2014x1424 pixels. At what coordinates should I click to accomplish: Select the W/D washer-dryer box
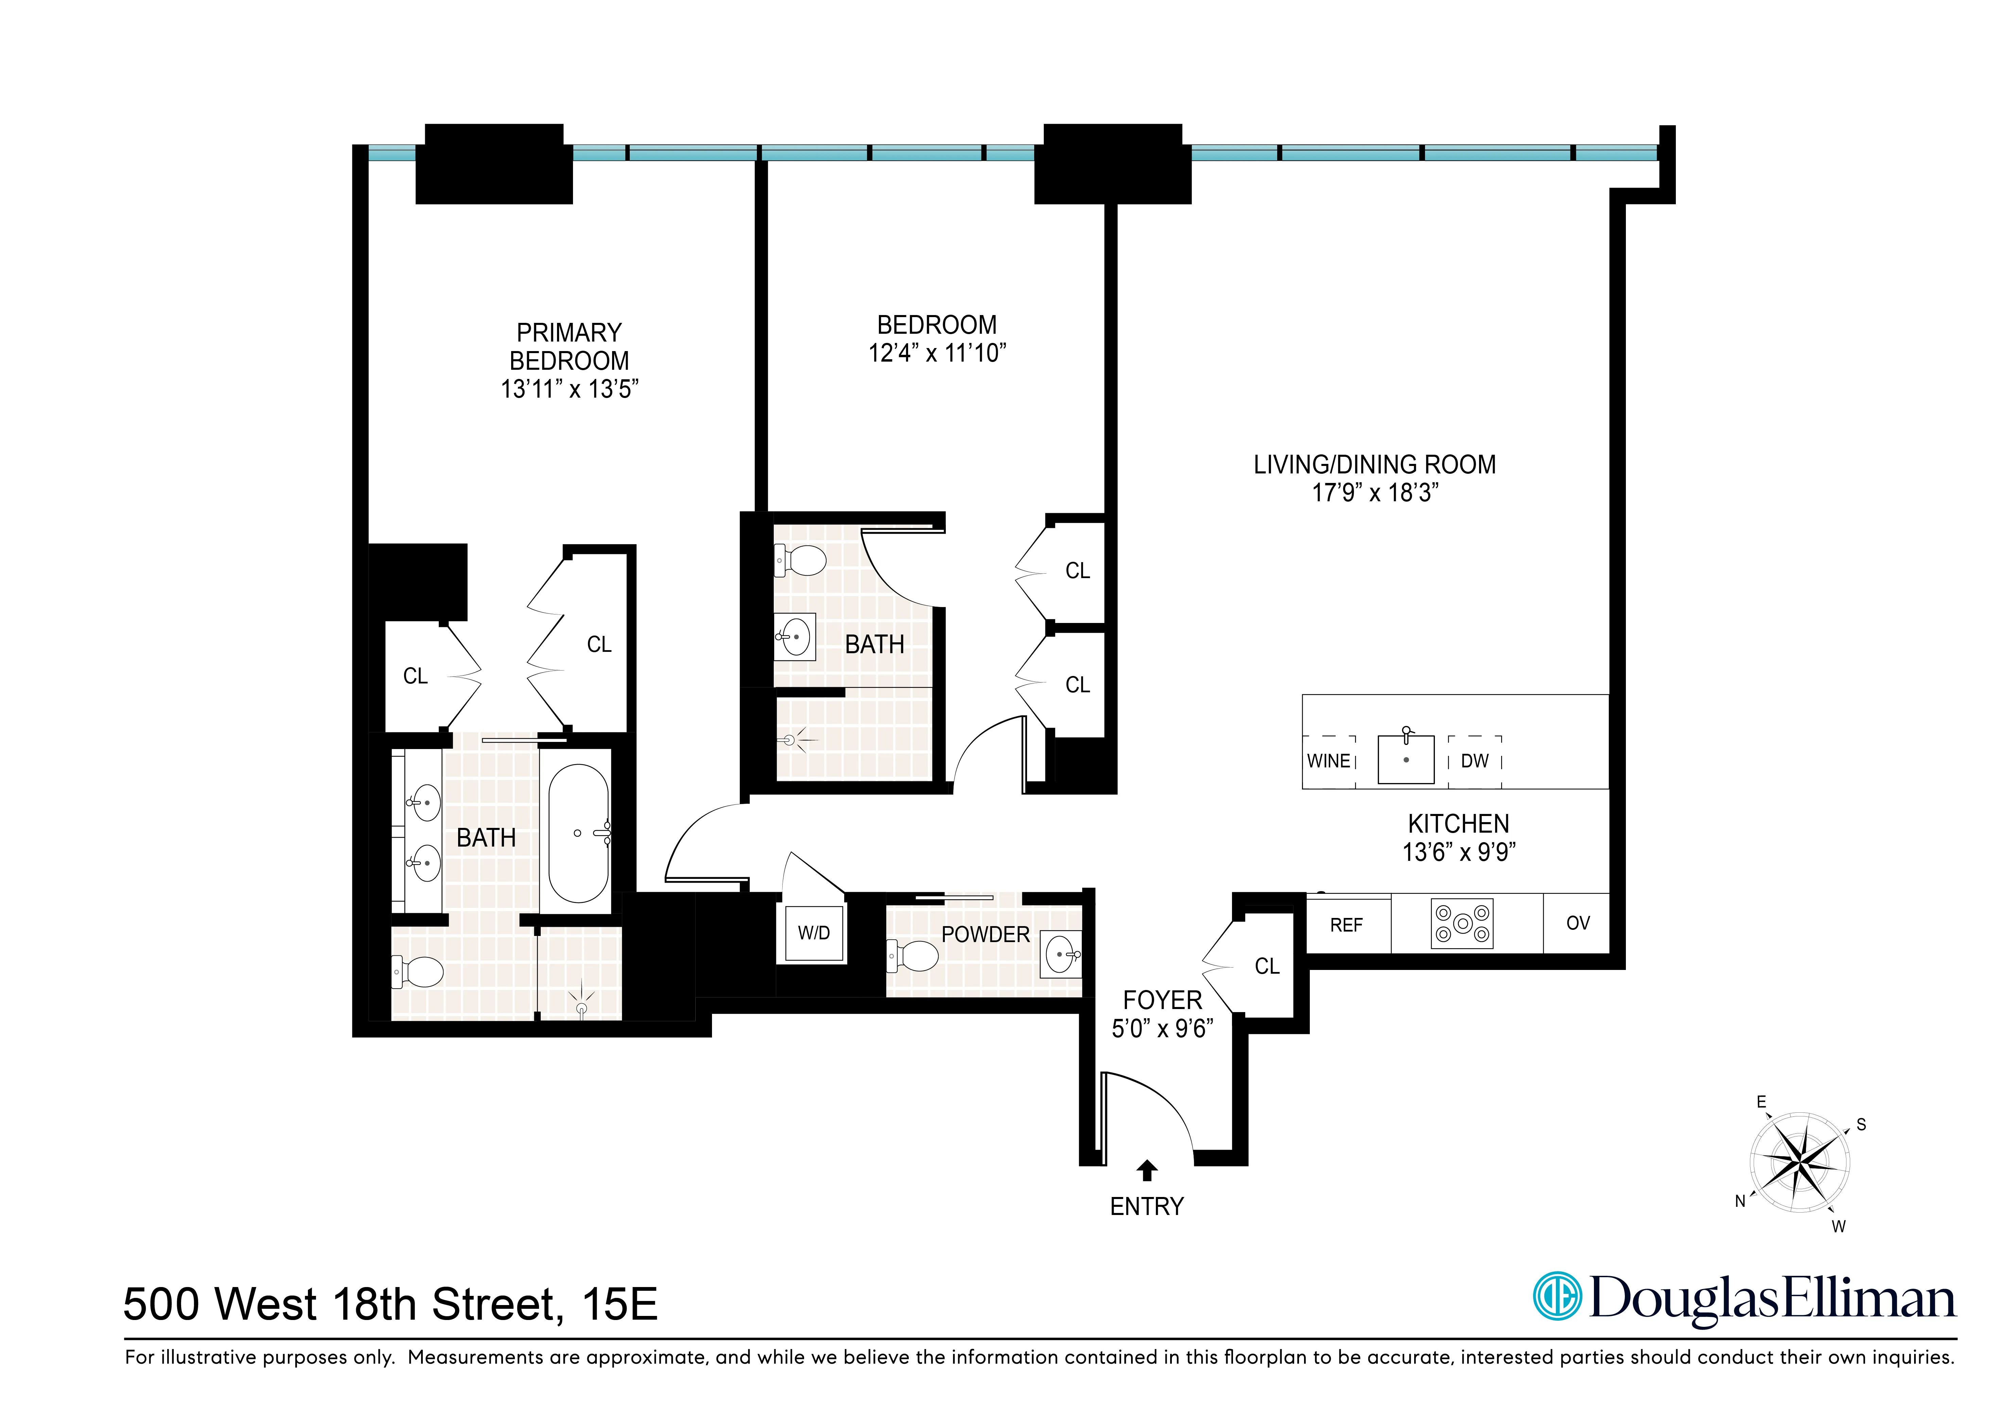pos(813,933)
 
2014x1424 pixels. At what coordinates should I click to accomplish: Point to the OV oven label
pos(1577,923)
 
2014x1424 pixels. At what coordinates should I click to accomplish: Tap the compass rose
pos(1799,1163)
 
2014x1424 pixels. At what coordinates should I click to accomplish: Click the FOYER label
pos(1162,1000)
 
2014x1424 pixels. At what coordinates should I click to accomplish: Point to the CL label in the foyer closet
pos(1267,966)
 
